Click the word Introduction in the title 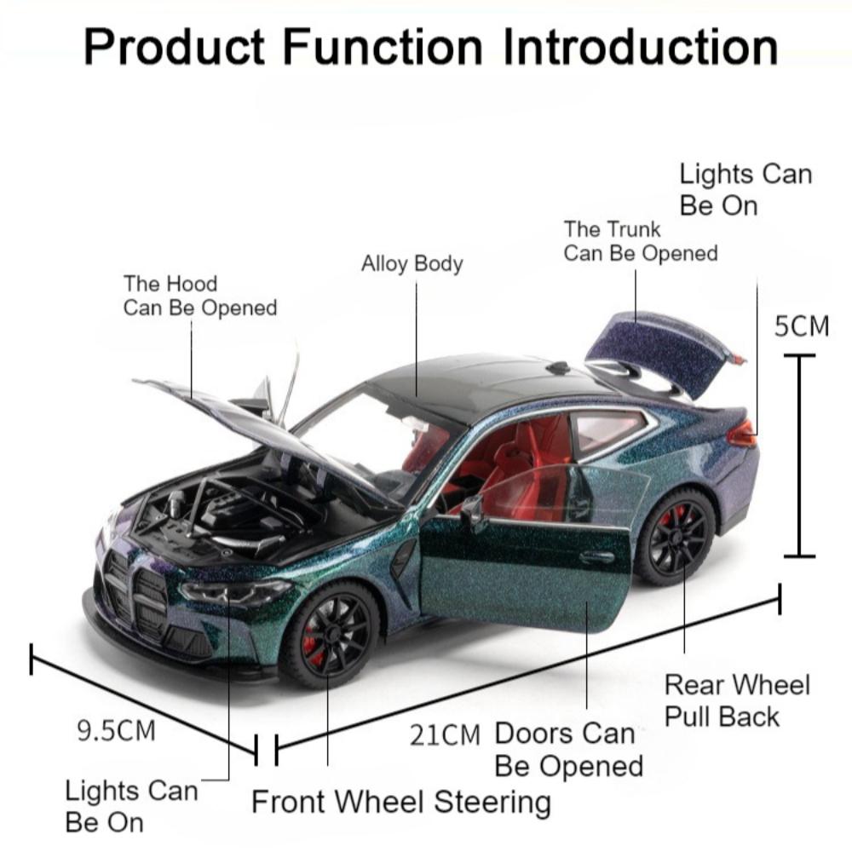click(640, 47)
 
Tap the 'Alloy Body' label click(412, 263)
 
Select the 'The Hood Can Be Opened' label click(200, 296)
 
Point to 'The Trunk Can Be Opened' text click(640, 241)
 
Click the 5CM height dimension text click(801, 326)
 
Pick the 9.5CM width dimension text click(117, 730)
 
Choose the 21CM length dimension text click(445, 734)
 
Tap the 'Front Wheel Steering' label click(400, 802)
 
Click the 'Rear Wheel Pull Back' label click(737, 700)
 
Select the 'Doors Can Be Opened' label click(567, 749)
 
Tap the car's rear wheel click(676, 537)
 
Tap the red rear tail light click(741, 434)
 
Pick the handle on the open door click(596, 557)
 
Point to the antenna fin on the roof click(558, 368)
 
